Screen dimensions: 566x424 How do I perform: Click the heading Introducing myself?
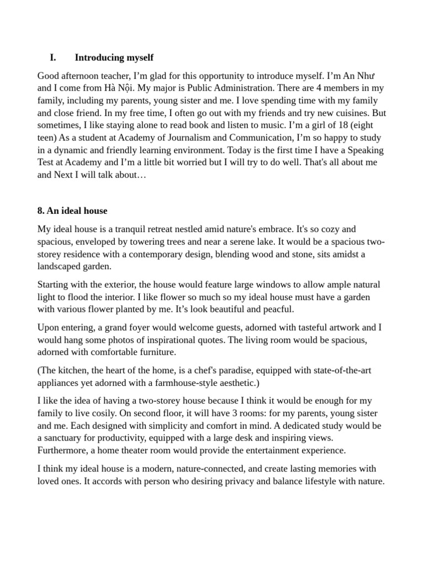coord(114,57)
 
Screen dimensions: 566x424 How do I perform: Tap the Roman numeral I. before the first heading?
coord(53,57)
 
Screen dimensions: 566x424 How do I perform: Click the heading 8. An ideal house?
coord(72,211)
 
